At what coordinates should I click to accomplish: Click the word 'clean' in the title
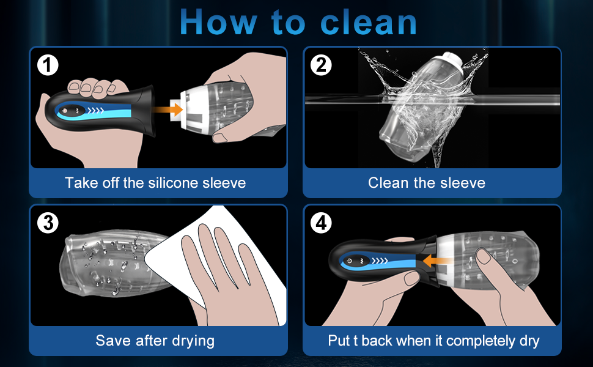point(369,22)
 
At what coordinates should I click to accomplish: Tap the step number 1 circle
point(48,65)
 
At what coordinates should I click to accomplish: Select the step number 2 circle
point(321,65)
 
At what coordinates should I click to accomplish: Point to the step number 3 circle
point(48,223)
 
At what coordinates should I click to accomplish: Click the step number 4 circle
point(321,223)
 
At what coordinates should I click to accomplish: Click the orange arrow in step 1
point(168,109)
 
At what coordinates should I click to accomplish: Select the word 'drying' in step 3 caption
point(193,341)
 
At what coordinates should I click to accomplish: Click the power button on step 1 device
point(65,111)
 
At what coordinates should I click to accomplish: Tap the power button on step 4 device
point(350,261)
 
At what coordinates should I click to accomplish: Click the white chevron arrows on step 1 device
point(96,111)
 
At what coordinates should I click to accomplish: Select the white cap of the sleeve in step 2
point(452,63)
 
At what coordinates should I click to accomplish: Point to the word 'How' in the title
point(218,22)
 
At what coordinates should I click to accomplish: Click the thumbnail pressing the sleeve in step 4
point(484,256)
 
